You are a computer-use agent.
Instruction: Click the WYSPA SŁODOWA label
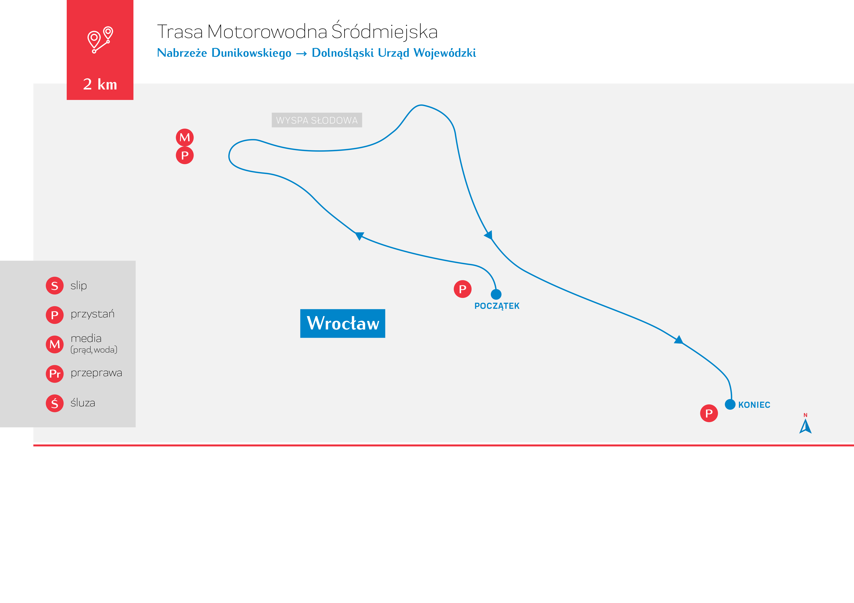(316, 120)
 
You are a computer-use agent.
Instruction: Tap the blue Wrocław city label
(343, 323)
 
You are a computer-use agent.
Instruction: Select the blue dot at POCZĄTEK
(496, 294)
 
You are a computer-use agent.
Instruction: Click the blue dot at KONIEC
(730, 404)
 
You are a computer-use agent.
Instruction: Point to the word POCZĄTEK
(497, 306)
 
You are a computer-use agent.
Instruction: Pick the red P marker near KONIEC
(709, 413)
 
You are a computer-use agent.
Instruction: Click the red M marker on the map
(185, 137)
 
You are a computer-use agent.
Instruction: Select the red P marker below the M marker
(185, 155)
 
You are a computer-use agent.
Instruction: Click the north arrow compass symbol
(805, 426)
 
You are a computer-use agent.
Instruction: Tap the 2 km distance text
(100, 84)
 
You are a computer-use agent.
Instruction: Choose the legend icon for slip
(55, 286)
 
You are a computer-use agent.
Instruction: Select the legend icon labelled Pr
(55, 374)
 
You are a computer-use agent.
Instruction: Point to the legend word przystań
(93, 314)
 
